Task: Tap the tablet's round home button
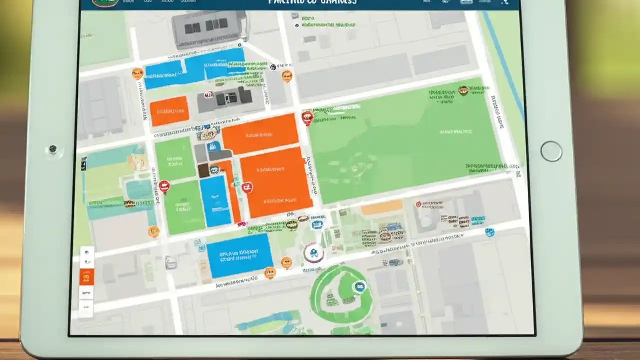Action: [x=551, y=151]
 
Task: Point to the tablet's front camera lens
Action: [x=52, y=149]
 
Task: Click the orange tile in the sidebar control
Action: [x=86, y=277]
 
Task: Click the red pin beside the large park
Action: [x=307, y=118]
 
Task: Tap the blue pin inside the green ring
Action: [x=358, y=287]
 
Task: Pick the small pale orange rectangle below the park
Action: [x=382, y=207]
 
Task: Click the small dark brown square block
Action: [x=204, y=170]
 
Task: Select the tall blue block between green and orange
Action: [x=215, y=201]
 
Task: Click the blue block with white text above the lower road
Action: [x=239, y=256]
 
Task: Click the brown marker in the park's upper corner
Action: [x=463, y=90]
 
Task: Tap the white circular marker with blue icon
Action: [x=314, y=253]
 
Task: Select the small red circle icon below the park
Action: [x=418, y=204]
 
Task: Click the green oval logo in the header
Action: [x=105, y=2]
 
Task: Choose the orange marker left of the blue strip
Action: [x=137, y=74]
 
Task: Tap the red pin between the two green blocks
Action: [x=164, y=187]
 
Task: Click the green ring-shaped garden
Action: [x=341, y=295]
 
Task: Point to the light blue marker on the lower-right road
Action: [x=490, y=232]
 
